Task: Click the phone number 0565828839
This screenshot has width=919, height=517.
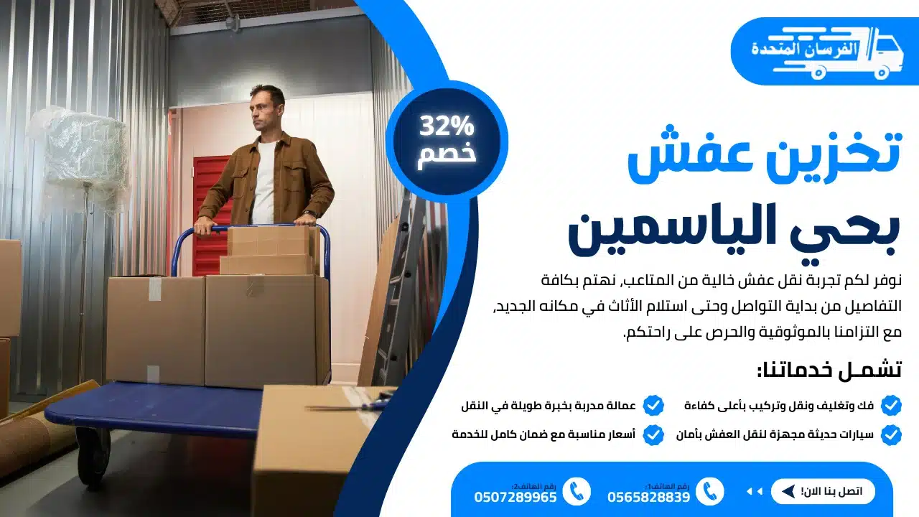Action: (648, 497)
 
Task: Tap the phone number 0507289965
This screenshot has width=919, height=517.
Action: (515, 497)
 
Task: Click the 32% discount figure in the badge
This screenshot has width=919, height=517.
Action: (447, 127)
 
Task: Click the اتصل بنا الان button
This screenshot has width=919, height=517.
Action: (823, 491)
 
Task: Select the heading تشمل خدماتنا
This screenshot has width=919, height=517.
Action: (829, 370)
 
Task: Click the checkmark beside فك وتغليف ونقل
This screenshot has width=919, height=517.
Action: (890, 406)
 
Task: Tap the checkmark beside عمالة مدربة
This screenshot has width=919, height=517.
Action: (653, 406)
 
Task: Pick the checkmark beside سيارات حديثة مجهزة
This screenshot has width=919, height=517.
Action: (890, 434)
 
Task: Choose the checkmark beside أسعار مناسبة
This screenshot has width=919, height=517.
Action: (653, 434)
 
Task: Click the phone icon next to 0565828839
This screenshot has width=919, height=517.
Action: (710, 491)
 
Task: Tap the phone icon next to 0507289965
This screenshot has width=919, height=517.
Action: (577, 491)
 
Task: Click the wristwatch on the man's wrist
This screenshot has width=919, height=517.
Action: (309, 213)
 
